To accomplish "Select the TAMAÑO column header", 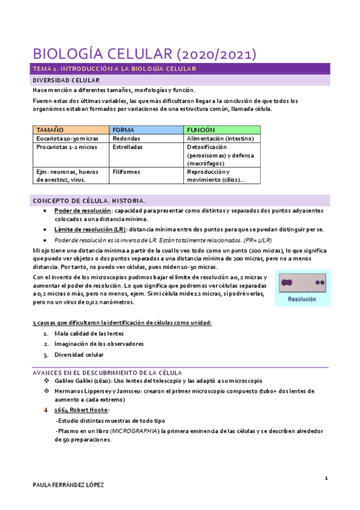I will [52, 130].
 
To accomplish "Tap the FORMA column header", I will [123, 130].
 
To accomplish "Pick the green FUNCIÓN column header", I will [201, 130].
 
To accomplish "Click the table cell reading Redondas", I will [126, 138].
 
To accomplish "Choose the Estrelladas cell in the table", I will [127, 147].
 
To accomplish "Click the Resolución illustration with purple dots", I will [302, 289].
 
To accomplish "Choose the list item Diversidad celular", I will [79, 355].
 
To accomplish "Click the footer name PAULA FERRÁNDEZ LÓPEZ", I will [68, 485].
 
